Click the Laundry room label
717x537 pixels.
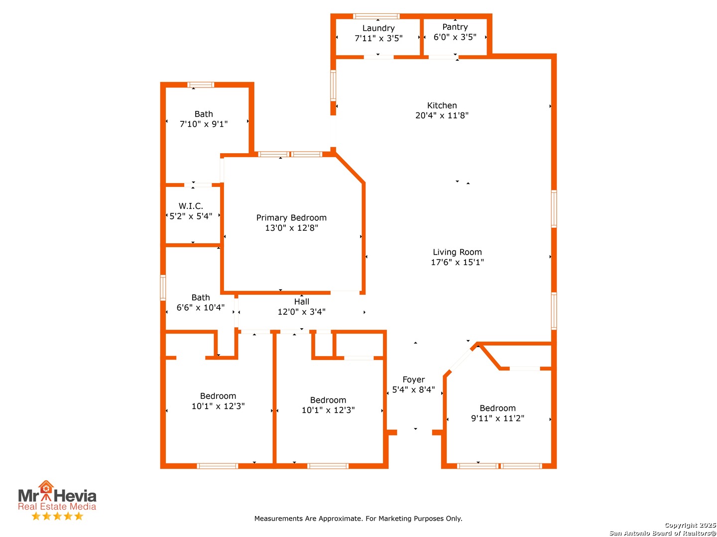(x=378, y=28)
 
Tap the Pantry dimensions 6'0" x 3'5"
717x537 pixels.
(x=455, y=37)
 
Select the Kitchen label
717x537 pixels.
(x=442, y=105)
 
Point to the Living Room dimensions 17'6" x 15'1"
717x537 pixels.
(x=457, y=262)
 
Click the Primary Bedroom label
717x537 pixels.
(x=291, y=217)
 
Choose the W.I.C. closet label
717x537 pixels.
(x=191, y=206)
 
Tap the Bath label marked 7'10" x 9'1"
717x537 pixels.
(x=204, y=114)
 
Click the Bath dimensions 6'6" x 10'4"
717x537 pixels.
(x=200, y=307)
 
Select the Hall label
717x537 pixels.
(x=302, y=302)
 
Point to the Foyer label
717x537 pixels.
(x=413, y=379)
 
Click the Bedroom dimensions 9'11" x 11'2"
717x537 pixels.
(x=497, y=418)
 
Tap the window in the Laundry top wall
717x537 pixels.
(x=376, y=16)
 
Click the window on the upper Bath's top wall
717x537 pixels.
(x=201, y=85)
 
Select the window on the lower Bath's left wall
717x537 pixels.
(x=163, y=287)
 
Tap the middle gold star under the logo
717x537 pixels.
(x=57, y=516)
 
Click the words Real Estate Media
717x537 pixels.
(x=57, y=506)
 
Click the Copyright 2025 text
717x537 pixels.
(x=690, y=525)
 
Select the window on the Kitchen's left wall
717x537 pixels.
(x=333, y=86)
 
